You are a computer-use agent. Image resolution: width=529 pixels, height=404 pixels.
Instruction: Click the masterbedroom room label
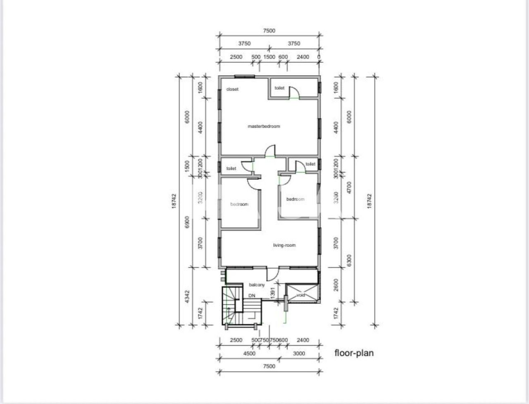[x=264, y=126]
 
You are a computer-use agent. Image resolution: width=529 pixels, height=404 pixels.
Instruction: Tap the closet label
[x=232, y=89]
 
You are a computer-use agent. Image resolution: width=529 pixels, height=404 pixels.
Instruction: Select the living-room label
[x=284, y=245]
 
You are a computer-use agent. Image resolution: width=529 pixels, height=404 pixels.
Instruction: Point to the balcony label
[x=257, y=285]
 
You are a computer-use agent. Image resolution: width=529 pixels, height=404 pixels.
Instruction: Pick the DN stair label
[x=252, y=296]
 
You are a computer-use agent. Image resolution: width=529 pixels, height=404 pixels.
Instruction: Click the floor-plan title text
[x=354, y=353]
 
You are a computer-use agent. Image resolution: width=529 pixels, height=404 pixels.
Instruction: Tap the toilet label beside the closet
[x=280, y=88]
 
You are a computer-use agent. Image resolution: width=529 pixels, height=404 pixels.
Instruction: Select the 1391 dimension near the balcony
[x=272, y=292]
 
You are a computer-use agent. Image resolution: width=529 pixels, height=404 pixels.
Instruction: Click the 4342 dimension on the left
[x=187, y=296]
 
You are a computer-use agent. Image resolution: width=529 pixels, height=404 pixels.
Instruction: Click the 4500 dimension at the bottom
[x=249, y=353]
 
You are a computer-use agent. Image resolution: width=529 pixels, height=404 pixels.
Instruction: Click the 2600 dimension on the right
[x=336, y=284]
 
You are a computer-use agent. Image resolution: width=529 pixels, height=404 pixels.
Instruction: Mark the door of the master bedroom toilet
[x=294, y=93]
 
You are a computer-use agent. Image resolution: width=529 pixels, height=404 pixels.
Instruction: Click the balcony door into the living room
[x=272, y=273]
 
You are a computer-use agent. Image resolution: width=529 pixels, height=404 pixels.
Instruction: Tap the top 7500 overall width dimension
[x=269, y=31]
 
